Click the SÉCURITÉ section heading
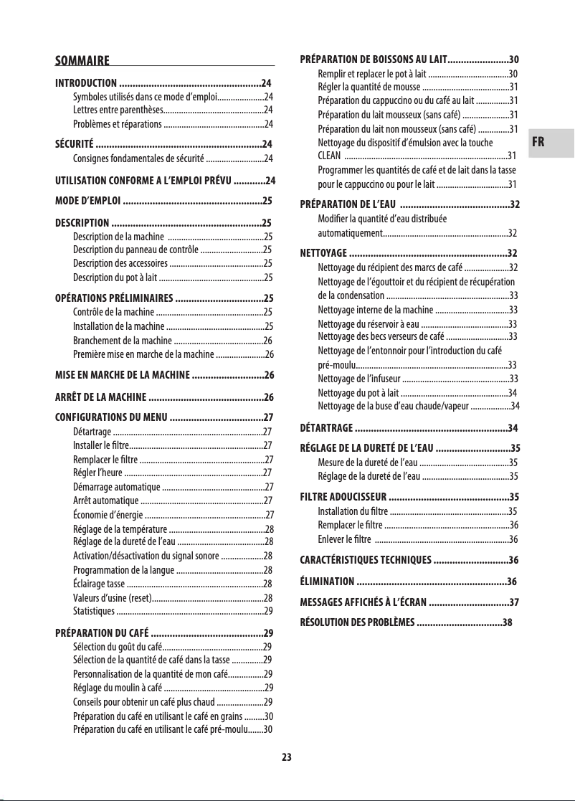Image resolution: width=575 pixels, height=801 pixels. pyautogui.click(x=75, y=143)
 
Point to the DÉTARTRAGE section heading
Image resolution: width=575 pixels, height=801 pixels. pyautogui.click(x=326, y=429)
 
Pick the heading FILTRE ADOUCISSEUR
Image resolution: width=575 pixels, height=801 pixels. pyautogui.click(x=343, y=496)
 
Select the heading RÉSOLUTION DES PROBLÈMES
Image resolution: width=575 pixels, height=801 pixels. pyautogui.click(x=357, y=622)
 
